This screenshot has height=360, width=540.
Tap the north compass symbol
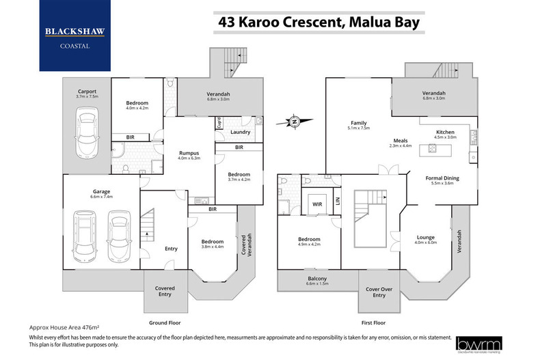[x=293, y=122]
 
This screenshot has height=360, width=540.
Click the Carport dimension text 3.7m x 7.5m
[x=86, y=96]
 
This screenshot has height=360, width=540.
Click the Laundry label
[x=239, y=132]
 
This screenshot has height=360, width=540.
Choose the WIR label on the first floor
[x=316, y=204]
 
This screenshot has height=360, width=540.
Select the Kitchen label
[x=446, y=131]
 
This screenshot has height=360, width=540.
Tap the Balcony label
[x=316, y=279]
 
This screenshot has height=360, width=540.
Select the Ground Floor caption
[x=164, y=321]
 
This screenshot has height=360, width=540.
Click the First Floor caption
[x=373, y=321]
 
